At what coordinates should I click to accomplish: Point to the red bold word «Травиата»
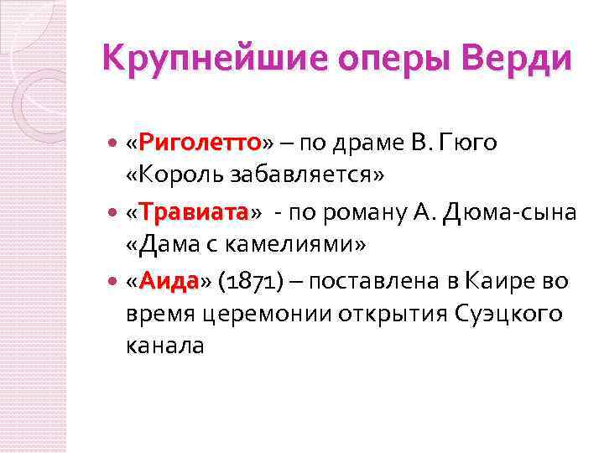tap(193, 212)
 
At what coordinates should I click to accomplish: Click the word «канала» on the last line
tap(164, 346)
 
